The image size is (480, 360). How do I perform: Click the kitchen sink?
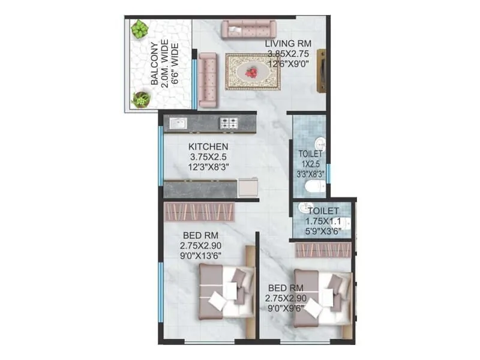click(x=178, y=123)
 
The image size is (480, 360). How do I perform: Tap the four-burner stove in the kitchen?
click(x=229, y=123)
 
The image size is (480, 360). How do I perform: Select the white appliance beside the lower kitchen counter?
click(x=248, y=187)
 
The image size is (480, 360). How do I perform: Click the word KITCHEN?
click(x=208, y=146)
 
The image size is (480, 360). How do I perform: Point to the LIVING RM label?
click(x=289, y=43)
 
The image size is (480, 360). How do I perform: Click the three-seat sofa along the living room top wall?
click(x=248, y=29)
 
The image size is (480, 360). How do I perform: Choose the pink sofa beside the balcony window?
click(x=208, y=79)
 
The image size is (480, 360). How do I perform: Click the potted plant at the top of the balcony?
click(x=140, y=29)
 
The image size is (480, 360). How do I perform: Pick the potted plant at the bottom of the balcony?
click(x=142, y=98)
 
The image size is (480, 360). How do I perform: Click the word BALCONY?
click(x=154, y=65)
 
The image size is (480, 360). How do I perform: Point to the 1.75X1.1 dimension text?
click(x=323, y=220)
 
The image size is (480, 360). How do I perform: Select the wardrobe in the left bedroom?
click(x=199, y=211)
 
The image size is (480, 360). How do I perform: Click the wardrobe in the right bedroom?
click(x=323, y=250)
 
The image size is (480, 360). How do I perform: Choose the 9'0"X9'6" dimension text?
click(x=286, y=309)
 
